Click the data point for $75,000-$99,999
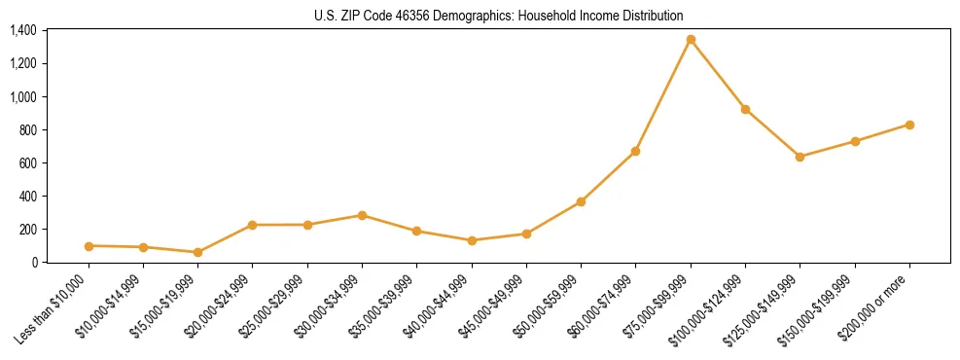[691, 40]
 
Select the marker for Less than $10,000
[89, 246]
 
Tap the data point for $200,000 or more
[909, 125]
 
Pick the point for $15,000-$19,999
[197, 252]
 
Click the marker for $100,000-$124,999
[745, 109]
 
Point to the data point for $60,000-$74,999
[635, 152]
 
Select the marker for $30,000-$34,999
[362, 215]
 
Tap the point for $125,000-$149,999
[800, 157]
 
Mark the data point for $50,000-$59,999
[581, 201]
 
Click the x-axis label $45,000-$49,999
[497, 306]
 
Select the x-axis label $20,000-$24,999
[224, 306]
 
